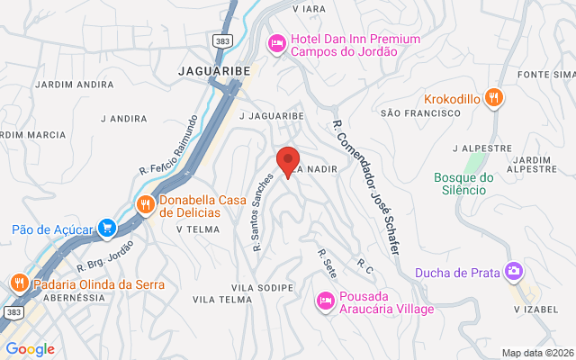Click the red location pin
pos(287,160)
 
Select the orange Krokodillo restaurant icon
pos(493,97)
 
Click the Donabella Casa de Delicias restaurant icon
pos(145,204)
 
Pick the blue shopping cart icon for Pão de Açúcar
pos(107,229)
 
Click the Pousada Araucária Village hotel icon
pos(324,300)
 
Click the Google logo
pos(30,349)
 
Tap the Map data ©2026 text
pos(535,353)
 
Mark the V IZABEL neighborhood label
pos(530,310)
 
